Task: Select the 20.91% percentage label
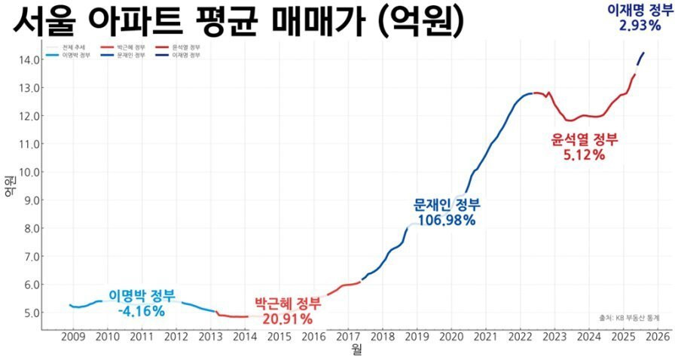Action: coord(287,319)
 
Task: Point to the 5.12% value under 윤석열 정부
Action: coord(584,155)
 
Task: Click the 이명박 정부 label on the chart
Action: coord(142,294)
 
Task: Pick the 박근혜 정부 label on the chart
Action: coord(287,304)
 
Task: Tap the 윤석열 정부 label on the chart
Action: coord(585,139)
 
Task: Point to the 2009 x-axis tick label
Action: coord(73,336)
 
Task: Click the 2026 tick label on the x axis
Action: coord(658,336)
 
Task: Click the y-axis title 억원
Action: coord(9,185)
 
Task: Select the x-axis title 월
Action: coord(356,350)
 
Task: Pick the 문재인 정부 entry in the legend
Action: coord(131,56)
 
